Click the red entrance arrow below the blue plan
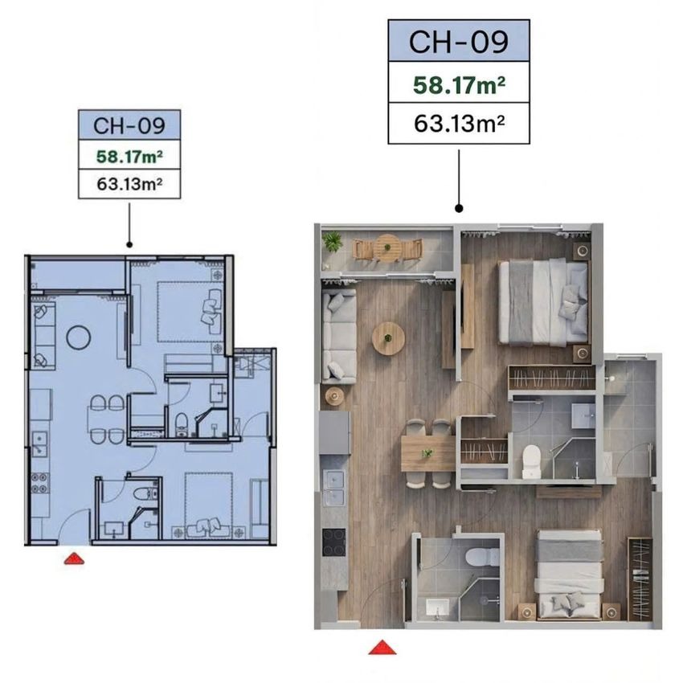click(x=74, y=558)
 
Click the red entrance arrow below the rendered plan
click(x=382, y=648)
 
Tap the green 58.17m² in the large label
click(x=459, y=85)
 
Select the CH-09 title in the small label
click(x=129, y=125)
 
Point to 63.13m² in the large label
click(x=459, y=124)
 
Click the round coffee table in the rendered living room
click(x=388, y=338)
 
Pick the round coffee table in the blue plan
click(x=79, y=337)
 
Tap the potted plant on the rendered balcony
click(x=333, y=241)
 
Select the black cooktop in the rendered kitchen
click(x=333, y=542)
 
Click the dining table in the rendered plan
click(x=427, y=453)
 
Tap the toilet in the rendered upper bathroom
click(x=531, y=462)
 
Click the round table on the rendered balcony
click(x=387, y=247)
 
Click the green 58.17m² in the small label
click(x=129, y=156)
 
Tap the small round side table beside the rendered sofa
click(x=334, y=396)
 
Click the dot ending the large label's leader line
click(x=459, y=209)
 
